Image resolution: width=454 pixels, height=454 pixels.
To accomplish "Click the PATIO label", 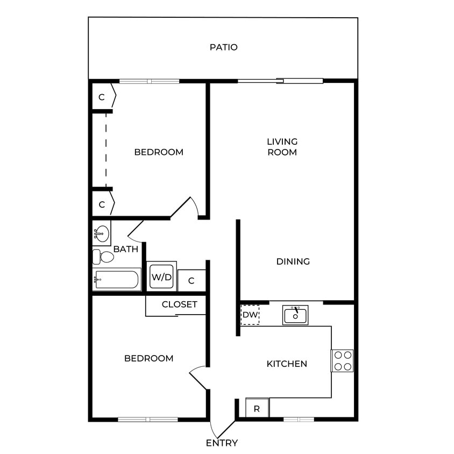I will click(223, 47).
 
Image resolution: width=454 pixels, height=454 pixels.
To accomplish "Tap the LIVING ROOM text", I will click(282, 147).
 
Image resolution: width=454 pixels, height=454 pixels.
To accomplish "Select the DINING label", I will click(293, 262).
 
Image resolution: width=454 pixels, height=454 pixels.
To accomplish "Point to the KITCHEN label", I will click(287, 364).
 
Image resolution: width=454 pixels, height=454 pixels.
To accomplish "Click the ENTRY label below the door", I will click(222, 443).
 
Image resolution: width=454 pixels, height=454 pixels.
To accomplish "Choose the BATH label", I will click(126, 250).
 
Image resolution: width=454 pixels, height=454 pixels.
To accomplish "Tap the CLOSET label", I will click(180, 304).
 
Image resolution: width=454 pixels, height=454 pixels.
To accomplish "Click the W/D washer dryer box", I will click(161, 278).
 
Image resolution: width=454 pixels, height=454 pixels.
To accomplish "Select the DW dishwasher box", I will click(250, 315).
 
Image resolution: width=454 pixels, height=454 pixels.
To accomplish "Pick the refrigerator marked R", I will click(257, 408).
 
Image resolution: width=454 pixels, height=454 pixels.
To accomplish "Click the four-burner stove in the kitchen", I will click(342, 361).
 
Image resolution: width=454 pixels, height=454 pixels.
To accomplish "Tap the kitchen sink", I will click(295, 315).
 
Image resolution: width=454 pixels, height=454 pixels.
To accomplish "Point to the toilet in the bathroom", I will click(103, 257).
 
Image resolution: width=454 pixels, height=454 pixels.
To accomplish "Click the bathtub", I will click(117, 280).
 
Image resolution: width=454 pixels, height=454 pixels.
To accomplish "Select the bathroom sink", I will click(101, 233).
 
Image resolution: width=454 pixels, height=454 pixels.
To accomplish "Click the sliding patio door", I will click(280, 81).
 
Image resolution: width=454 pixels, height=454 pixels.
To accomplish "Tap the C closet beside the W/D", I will click(191, 281).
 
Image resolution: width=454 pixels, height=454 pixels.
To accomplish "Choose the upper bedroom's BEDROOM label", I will click(159, 152).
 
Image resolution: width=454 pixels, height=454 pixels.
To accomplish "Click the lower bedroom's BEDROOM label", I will click(149, 358).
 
